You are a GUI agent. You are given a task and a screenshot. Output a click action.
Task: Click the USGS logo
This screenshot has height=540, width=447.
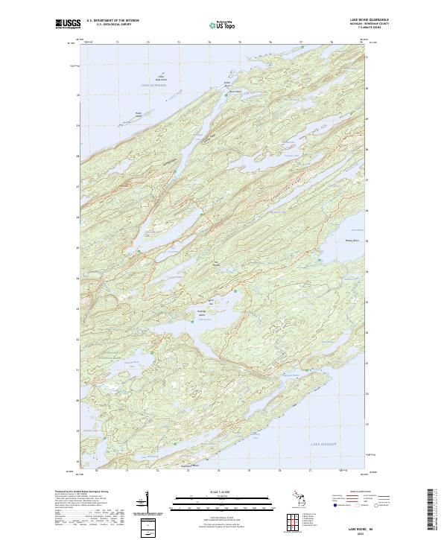click(65, 23)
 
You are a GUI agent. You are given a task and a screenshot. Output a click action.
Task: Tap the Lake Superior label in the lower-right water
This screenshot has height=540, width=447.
click(324, 444)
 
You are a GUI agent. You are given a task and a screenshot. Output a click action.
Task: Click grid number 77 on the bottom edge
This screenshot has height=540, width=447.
click(310, 471)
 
